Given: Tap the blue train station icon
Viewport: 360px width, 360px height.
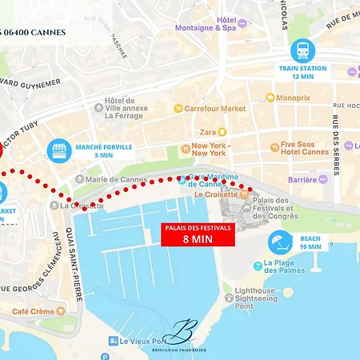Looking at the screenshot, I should (302, 50).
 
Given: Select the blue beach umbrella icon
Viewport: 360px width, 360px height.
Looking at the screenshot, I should (280, 242).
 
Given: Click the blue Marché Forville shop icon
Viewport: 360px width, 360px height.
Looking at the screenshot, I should (57, 150).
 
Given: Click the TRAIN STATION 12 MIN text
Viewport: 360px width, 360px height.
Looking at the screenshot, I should (302, 72).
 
